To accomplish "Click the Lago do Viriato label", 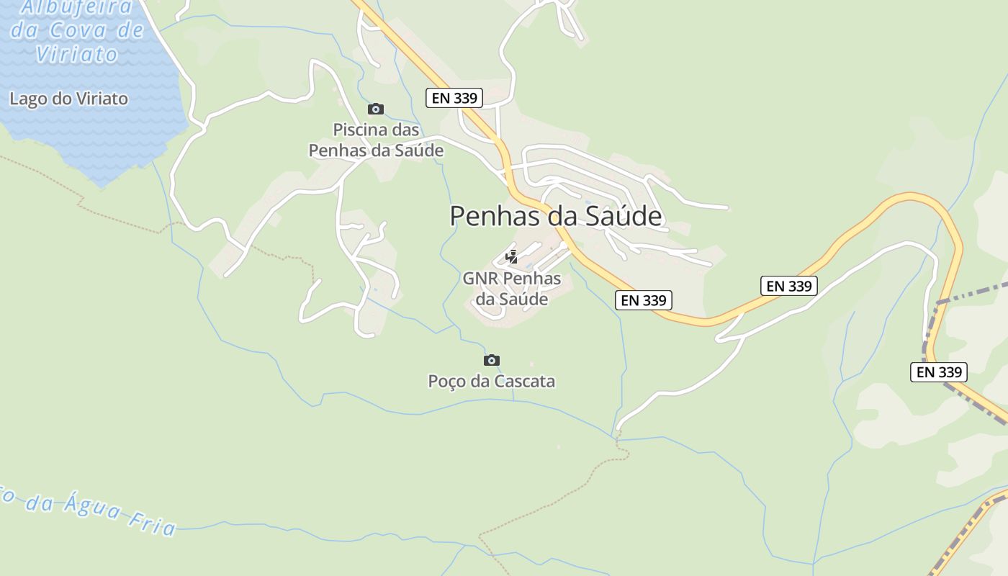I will point(68,99).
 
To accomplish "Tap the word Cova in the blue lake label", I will point(79,31).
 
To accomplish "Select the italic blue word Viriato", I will point(77,54).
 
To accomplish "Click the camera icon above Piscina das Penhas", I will point(375,109).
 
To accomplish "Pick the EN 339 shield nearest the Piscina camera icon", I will point(454,98).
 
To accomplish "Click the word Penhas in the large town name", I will point(496,216).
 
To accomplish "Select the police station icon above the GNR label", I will point(511,257).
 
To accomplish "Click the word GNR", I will point(480,278).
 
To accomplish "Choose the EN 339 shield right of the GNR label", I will point(644,300).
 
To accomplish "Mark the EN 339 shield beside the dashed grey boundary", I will point(938,372).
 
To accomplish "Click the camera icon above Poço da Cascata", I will point(492,360).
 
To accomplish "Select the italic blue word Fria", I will point(153,523).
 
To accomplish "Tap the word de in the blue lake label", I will point(130,31).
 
